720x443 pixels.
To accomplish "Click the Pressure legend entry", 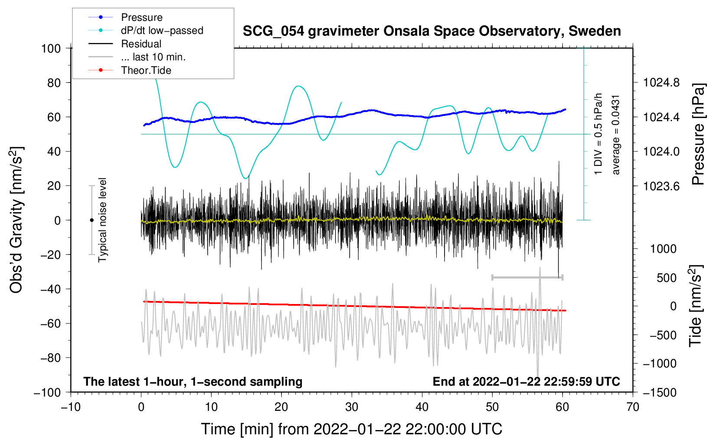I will coord(141,17).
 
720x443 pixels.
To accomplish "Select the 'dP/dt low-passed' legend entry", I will coord(162,30).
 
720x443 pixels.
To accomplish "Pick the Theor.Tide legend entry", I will coord(146,70).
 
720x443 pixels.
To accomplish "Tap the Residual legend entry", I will coord(141,44).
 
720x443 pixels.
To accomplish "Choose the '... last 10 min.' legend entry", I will coord(153,57).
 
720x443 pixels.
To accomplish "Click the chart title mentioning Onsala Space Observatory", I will coord(432,31).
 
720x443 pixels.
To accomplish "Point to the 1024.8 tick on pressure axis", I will coord(661,83).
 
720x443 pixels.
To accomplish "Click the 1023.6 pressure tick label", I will coord(661,186).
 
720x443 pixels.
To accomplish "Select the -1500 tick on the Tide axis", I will coord(659,392).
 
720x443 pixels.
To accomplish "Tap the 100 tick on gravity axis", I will coord(51,48).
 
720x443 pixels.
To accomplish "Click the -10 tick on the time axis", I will coord(71,407).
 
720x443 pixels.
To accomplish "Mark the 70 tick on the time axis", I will coord(633,407).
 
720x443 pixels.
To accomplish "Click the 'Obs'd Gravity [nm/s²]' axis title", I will coord(16,220).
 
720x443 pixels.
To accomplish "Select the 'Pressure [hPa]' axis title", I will coord(698,135).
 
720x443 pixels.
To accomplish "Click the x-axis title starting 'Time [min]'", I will coord(351,429).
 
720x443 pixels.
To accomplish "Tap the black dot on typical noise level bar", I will coord(92,220).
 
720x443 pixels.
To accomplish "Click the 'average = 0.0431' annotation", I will coord(616,135).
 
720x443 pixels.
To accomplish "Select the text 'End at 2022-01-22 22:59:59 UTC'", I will coord(526,381).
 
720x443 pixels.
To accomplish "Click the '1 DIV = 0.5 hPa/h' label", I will coord(599,134).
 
